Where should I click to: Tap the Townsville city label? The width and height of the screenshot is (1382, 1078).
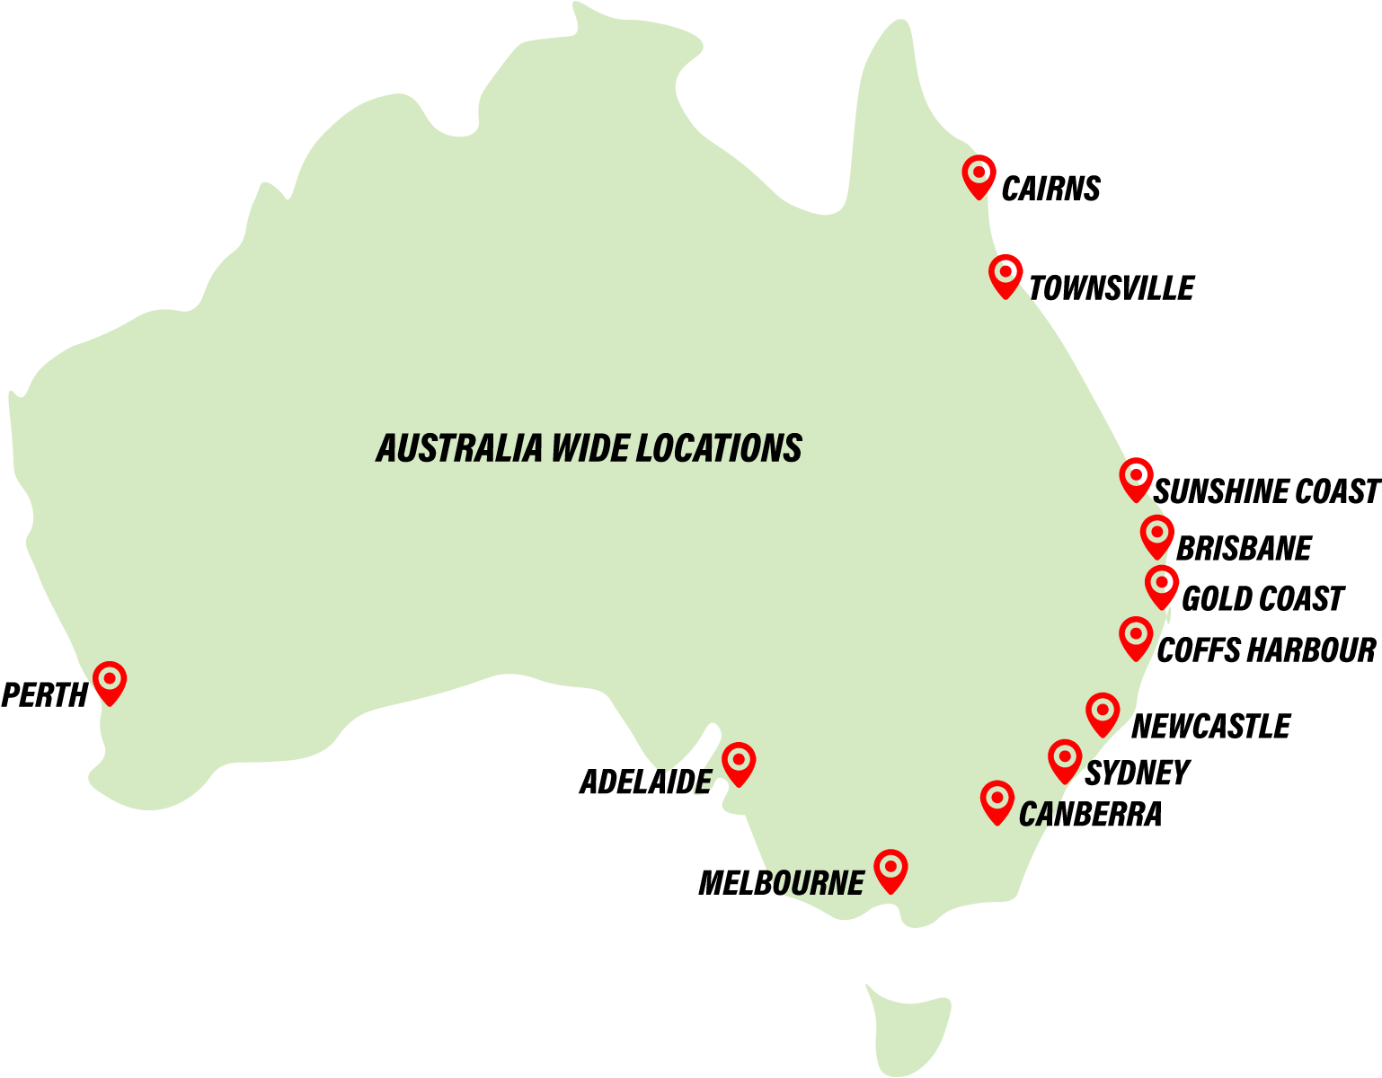coord(1111,288)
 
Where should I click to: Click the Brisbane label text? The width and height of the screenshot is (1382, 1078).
coord(1244,548)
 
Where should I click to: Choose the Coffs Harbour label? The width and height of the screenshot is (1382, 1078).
coord(1265,650)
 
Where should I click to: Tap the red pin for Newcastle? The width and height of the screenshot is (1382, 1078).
coord(1103,712)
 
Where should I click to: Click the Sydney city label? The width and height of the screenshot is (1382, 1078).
coord(1137,773)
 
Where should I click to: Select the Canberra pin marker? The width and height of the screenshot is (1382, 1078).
coord(997,800)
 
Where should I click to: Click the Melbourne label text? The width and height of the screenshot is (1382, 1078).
coord(781,883)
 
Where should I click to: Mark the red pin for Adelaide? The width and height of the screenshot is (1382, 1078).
coord(739,763)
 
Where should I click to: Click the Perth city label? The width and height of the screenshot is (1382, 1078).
coord(44,695)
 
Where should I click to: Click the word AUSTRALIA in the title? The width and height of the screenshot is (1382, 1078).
coord(459,448)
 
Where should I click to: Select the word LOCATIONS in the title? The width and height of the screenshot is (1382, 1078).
coord(718,448)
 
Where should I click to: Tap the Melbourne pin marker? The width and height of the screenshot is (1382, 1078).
coord(890,869)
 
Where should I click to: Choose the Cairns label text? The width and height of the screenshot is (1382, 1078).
coord(1050,189)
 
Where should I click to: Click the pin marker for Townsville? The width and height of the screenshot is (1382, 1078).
coord(1005,274)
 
